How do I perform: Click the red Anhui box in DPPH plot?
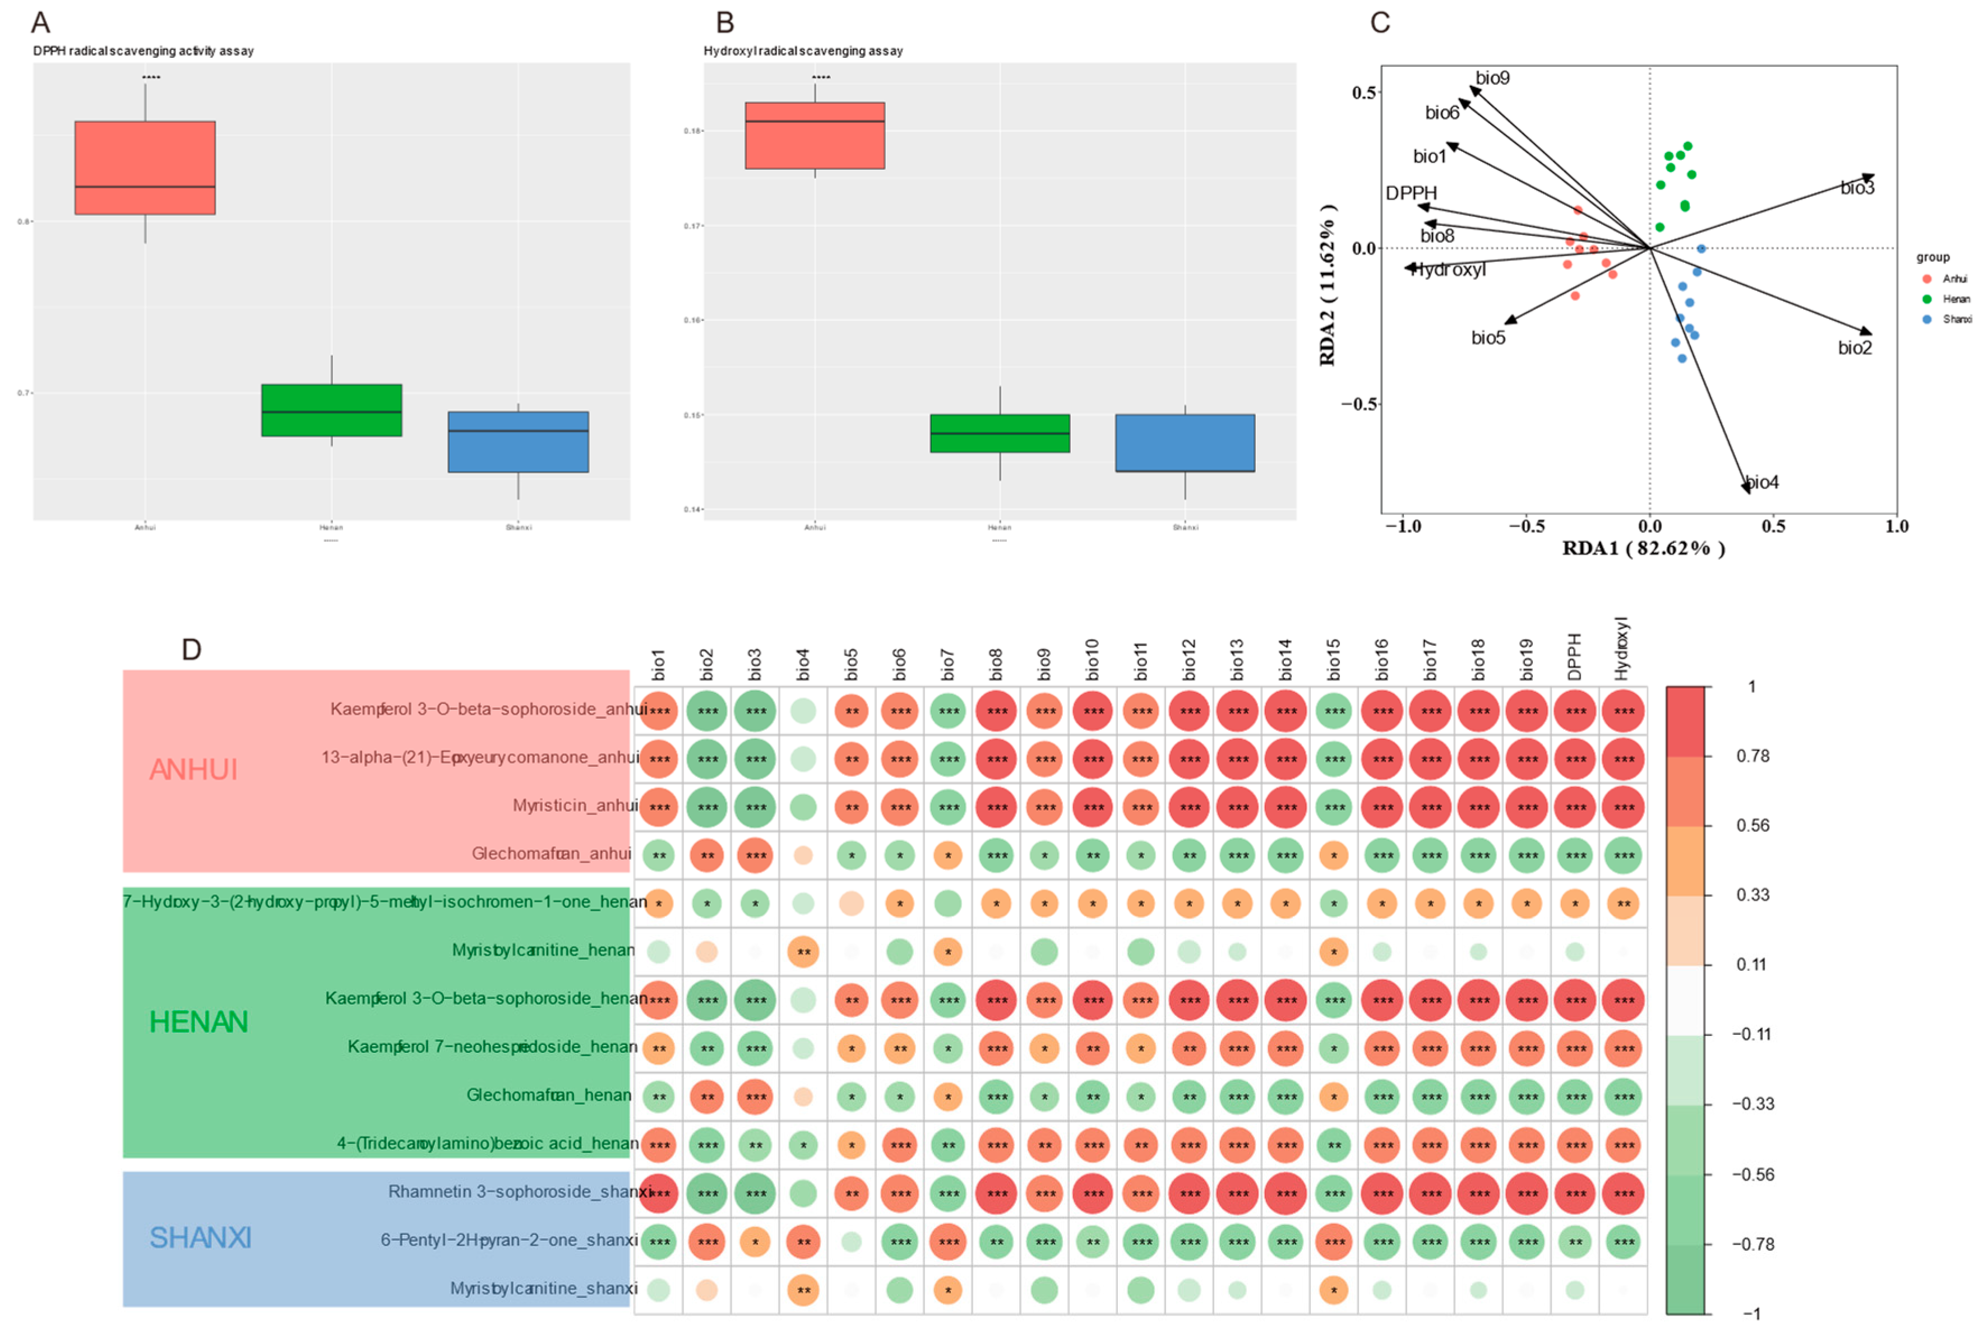pos(145,167)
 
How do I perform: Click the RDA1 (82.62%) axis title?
pos(1643,548)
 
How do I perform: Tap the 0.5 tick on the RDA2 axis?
pos(1363,92)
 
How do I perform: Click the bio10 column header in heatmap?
pos(1092,659)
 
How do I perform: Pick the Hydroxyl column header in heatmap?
pos(1622,648)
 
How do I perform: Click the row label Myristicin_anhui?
pos(575,806)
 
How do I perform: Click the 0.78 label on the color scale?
pos(1752,756)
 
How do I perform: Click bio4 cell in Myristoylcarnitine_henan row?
pos(803,952)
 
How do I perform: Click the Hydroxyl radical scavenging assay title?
pos(803,51)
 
